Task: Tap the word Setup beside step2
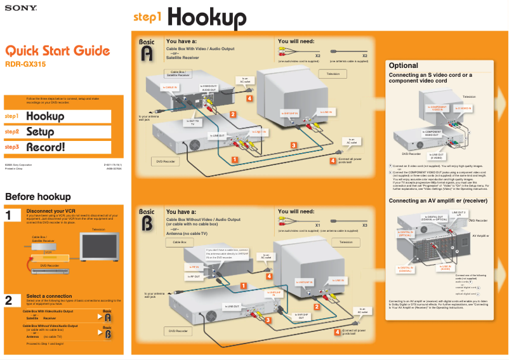39,132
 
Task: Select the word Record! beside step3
45,147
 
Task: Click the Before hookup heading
37,197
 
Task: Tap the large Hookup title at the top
206,17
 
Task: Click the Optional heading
403,65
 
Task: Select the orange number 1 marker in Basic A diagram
235,159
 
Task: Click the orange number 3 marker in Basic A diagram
294,145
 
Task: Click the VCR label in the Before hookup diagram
48,252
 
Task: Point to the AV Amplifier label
479,236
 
